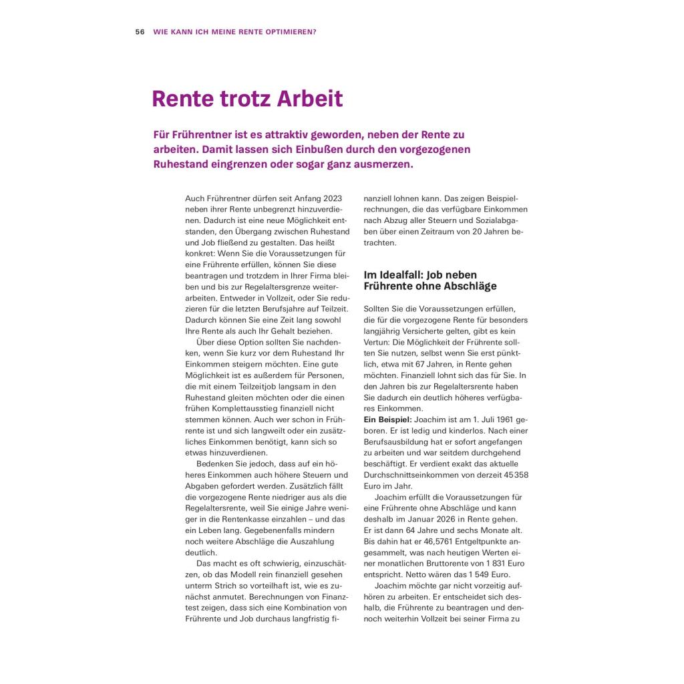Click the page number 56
point(140,31)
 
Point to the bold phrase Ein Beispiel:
point(387,419)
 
